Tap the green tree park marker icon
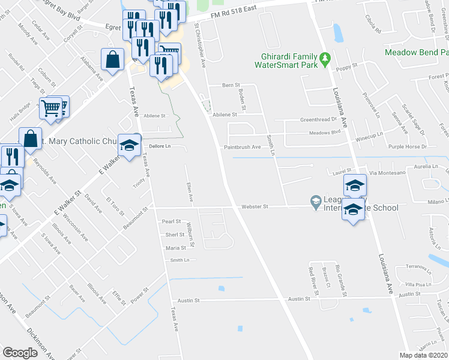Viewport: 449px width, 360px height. tap(325, 58)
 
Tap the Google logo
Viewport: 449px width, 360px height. tap(20, 353)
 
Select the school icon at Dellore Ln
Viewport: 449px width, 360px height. tap(128, 145)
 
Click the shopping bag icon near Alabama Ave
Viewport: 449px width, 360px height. tap(112, 59)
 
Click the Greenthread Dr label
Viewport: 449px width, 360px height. tap(318, 119)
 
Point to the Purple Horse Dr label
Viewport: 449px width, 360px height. tap(406, 146)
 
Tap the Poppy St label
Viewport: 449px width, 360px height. tap(346, 65)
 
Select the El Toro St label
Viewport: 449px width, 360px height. tap(113, 205)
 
